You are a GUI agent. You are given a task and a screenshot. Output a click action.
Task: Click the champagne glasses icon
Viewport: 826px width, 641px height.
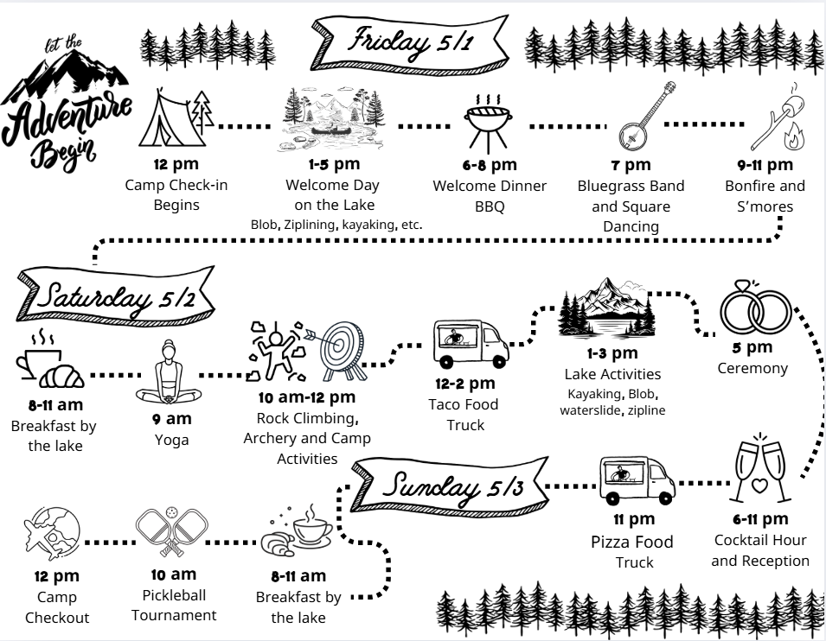pyautogui.click(x=761, y=471)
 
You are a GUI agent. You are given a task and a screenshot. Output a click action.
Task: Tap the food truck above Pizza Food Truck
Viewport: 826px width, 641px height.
pyautogui.click(x=636, y=481)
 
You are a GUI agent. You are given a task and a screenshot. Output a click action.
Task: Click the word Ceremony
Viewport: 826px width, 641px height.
pyautogui.click(x=752, y=369)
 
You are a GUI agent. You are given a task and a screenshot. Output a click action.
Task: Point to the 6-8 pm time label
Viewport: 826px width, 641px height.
pyautogui.click(x=489, y=165)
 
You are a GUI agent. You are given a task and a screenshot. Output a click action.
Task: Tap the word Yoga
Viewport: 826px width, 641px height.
pyautogui.click(x=171, y=441)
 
